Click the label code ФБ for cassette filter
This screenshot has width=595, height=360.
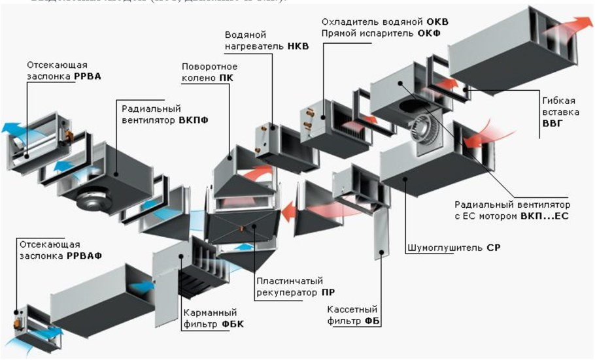(373, 321)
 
